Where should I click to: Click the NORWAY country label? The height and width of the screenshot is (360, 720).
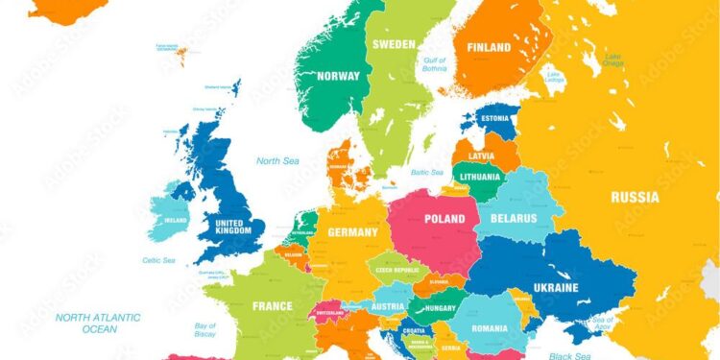(x=338, y=76)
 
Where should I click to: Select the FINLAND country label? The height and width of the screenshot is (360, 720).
(x=489, y=47)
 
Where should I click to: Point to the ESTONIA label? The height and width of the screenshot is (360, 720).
(x=495, y=120)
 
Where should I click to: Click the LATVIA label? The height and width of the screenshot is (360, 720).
(x=481, y=156)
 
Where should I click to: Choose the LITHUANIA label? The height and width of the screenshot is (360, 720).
(x=479, y=177)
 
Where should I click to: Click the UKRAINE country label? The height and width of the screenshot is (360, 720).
(x=555, y=287)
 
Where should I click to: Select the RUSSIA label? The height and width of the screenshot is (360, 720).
(x=635, y=197)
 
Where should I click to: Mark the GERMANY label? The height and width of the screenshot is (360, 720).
(x=352, y=232)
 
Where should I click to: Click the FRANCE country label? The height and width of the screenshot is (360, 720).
(x=272, y=306)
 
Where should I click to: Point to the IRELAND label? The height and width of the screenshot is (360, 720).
(x=176, y=219)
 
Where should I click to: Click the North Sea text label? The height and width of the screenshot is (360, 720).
(x=276, y=160)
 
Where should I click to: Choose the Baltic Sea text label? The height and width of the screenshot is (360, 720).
(x=427, y=173)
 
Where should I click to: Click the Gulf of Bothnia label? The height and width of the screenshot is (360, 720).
(x=435, y=64)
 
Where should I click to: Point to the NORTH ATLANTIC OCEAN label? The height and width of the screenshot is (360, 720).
(x=98, y=323)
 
